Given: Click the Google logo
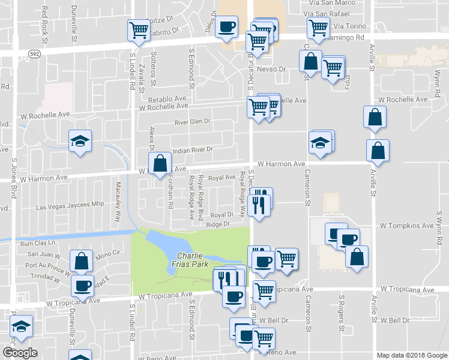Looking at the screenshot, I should [x=20, y=353].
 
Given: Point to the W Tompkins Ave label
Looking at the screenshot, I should [x=406, y=226].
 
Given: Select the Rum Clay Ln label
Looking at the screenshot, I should [x=37, y=243].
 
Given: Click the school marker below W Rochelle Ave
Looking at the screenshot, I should [x=80, y=141].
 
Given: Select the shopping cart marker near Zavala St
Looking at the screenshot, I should [x=139, y=29].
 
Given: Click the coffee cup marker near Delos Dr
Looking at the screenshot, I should [x=227, y=26].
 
